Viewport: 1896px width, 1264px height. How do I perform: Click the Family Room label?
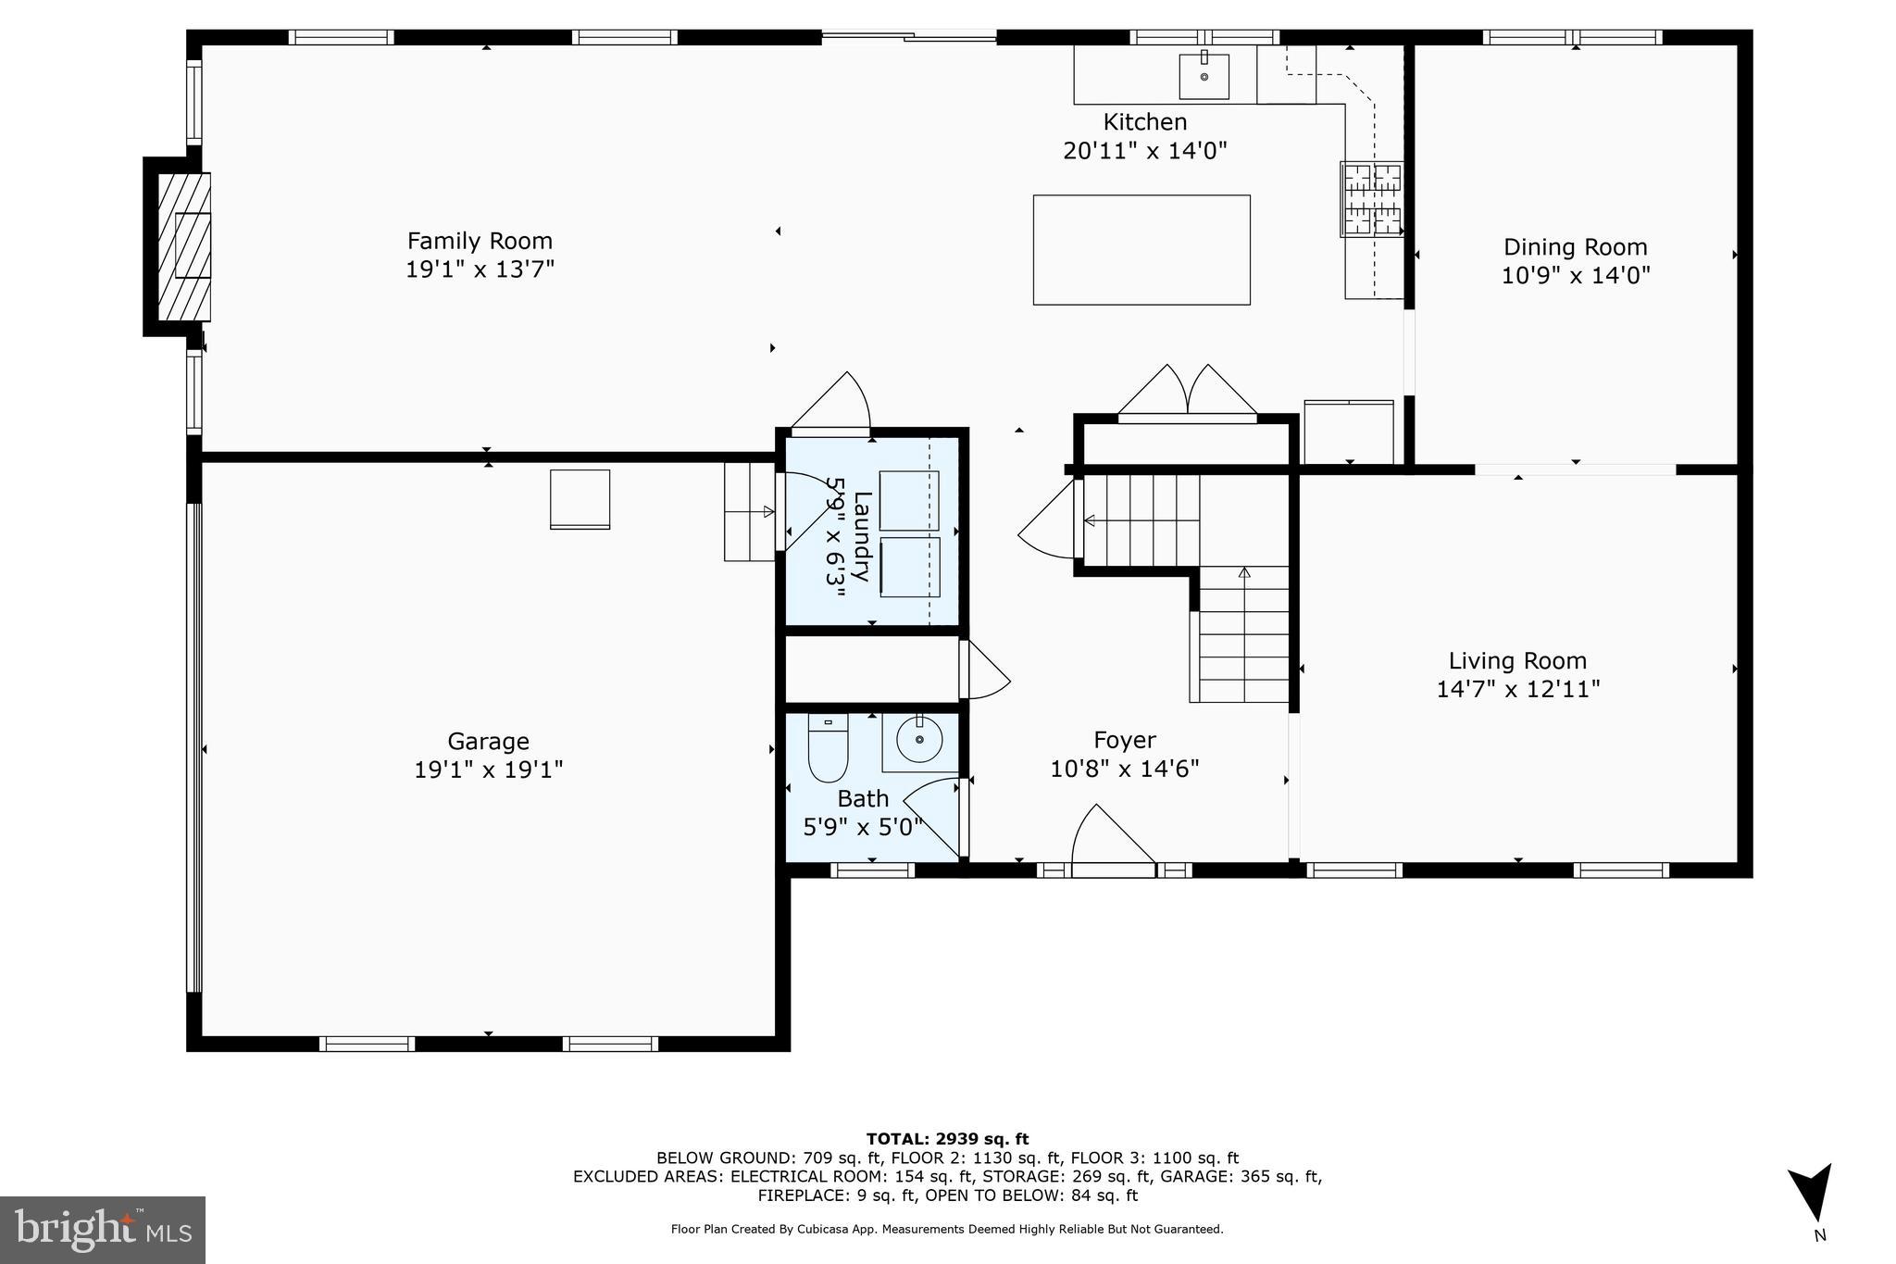point(480,241)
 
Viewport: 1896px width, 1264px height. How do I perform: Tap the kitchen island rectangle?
point(1141,249)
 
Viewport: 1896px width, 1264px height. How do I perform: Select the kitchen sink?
point(1204,76)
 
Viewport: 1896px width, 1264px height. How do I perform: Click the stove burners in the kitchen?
point(1372,198)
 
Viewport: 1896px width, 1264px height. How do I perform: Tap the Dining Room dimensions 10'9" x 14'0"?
point(1576,276)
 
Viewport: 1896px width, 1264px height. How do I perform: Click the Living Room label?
point(1517,660)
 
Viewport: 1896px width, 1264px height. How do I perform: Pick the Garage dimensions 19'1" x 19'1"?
point(488,770)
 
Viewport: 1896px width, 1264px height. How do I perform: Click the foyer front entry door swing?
point(1111,838)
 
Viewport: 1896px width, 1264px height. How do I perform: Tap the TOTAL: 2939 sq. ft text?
point(947,1139)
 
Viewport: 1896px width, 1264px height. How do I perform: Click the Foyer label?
point(1124,740)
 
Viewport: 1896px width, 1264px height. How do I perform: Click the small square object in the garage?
point(580,499)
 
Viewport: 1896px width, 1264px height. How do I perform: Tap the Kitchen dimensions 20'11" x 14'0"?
point(1144,151)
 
